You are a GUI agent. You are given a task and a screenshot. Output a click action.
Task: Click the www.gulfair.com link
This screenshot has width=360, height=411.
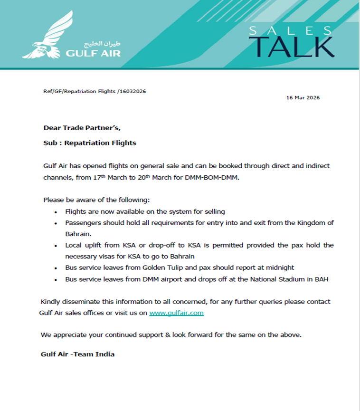point(176,313)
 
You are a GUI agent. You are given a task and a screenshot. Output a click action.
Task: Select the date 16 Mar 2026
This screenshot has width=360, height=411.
point(303,98)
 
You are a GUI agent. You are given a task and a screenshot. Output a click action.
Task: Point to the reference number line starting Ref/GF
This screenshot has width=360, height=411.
point(95,91)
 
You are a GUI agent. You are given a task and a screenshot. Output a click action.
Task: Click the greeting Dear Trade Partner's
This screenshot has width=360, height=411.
point(85,127)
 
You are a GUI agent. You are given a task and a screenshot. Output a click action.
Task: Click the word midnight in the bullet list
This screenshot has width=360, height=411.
point(281,268)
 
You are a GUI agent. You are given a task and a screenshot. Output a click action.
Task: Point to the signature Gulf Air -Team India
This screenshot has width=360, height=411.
point(77,354)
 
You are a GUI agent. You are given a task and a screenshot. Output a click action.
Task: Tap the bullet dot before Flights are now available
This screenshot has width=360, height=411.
point(56,212)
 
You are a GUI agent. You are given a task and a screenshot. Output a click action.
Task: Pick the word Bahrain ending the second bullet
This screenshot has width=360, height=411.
point(78,234)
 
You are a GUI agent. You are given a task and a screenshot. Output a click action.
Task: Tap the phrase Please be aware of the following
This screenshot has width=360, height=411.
point(97,200)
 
